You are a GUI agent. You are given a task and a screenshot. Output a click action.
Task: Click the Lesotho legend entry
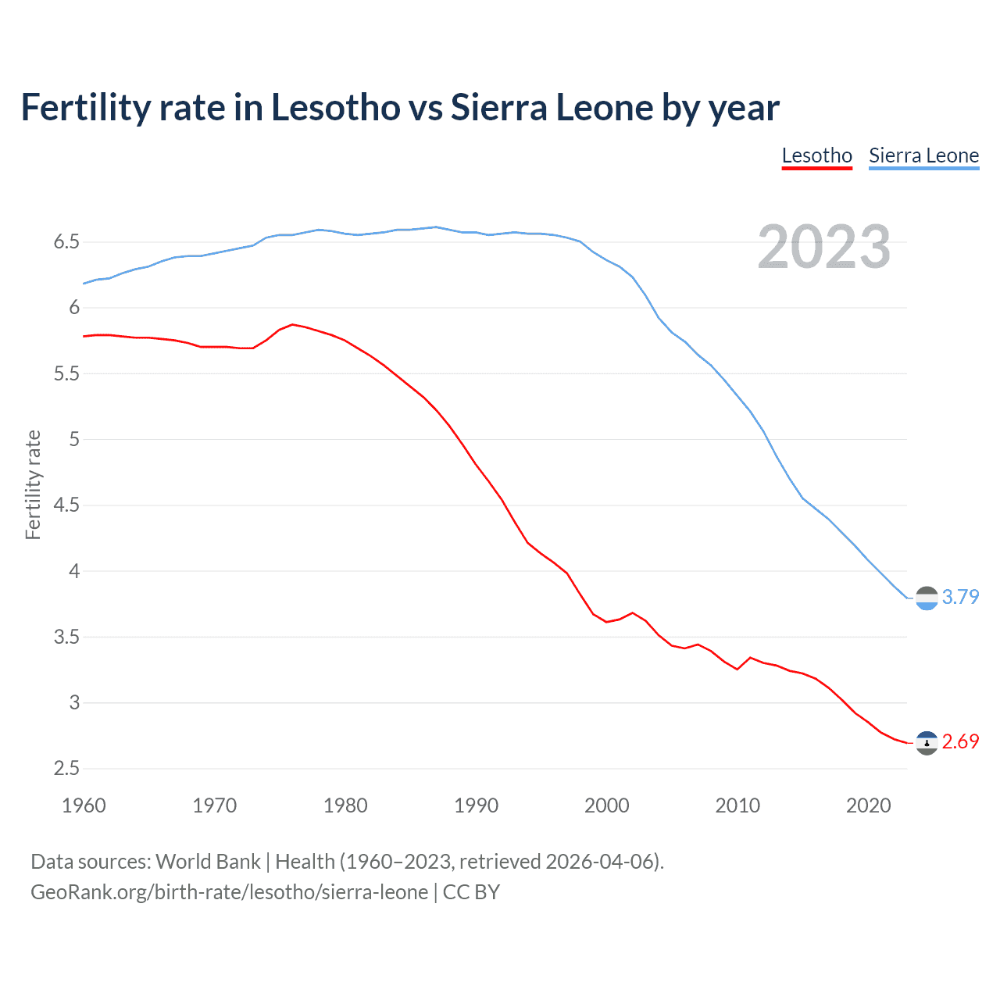pyautogui.click(x=816, y=155)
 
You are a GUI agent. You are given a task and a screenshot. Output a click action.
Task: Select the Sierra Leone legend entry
pyautogui.click(x=923, y=155)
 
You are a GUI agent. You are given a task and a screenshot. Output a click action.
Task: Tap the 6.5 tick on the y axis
pyautogui.click(x=67, y=242)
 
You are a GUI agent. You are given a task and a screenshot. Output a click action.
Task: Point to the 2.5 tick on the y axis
pyautogui.click(x=67, y=769)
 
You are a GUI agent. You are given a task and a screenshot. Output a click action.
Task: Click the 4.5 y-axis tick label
pyautogui.click(x=67, y=505)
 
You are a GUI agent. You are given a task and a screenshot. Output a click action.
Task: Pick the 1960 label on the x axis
pyautogui.click(x=84, y=805)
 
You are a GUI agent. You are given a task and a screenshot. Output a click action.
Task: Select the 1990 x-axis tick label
pyautogui.click(x=476, y=805)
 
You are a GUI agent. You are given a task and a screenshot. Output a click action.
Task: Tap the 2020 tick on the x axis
pyautogui.click(x=868, y=805)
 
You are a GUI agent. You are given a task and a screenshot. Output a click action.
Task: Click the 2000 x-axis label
pyautogui.click(x=606, y=805)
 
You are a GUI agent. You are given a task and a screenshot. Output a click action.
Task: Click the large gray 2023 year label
pyautogui.click(x=823, y=247)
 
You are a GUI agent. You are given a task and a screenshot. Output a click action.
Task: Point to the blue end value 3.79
pyautogui.click(x=960, y=597)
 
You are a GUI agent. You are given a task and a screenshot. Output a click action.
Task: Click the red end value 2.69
pyautogui.click(x=960, y=741)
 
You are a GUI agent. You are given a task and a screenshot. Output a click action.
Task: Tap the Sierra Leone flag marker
pyautogui.click(x=927, y=598)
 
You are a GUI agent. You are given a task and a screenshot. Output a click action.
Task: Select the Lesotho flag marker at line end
pyautogui.click(x=927, y=743)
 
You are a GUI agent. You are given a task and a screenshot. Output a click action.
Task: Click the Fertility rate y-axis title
pyautogui.click(x=33, y=484)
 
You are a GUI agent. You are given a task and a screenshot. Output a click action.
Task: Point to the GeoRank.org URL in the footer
pyautogui.click(x=229, y=892)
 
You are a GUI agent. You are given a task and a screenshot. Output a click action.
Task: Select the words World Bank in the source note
pyautogui.click(x=208, y=862)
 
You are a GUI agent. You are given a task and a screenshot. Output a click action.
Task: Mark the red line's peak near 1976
pyautogui.click(x=292, y=324)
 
